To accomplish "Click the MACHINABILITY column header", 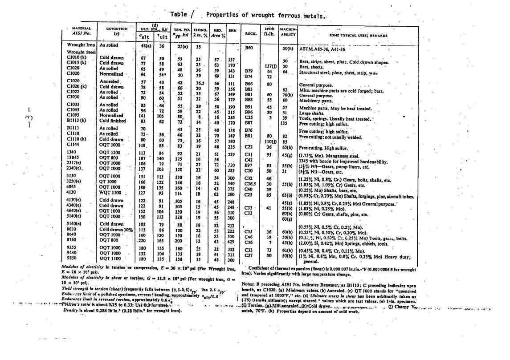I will (288, 32).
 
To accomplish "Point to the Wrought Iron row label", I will (81, 45).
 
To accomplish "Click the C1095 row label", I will (73, 116).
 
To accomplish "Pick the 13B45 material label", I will (73, 158).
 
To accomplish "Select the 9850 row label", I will (73, 259).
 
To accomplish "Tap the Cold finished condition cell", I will (113, 121).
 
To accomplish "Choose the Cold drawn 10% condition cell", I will (116, 230).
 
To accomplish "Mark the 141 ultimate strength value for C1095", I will (143, 116).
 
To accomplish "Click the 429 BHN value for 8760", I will (231, 241).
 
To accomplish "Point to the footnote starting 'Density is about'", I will (122, 310).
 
